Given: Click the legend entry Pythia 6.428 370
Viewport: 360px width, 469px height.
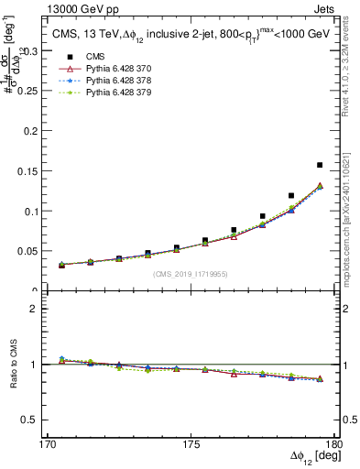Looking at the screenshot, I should pyautogui.click(x=107, y=68).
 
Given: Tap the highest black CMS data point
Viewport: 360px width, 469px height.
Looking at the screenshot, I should pyautogui.click(x=320, y=165).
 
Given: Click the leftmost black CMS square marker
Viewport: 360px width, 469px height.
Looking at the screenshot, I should pyautogui.click(x=61, y=264).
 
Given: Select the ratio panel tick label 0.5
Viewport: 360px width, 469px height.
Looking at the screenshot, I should pyautogui.click(x=32, y=420).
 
